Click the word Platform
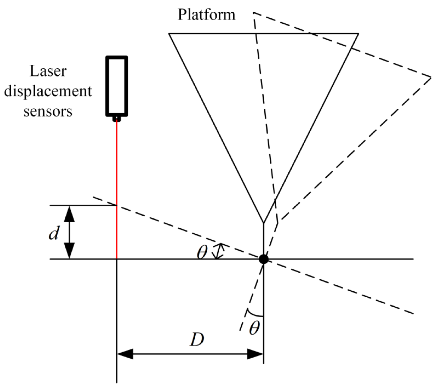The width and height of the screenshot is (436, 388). (206, 15)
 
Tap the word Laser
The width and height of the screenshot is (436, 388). (48, 71)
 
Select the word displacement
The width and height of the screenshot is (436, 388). (48, 91)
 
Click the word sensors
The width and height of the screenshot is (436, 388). (48, 111)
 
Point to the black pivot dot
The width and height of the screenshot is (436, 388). (264, 259)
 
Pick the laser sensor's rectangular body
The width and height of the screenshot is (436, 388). (117, 86)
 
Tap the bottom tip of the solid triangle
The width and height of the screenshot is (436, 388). (264, 223)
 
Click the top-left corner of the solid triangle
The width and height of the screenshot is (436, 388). (169, 34)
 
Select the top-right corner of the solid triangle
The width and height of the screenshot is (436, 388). (358, 34)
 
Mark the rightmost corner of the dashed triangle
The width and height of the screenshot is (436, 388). (431, 76)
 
